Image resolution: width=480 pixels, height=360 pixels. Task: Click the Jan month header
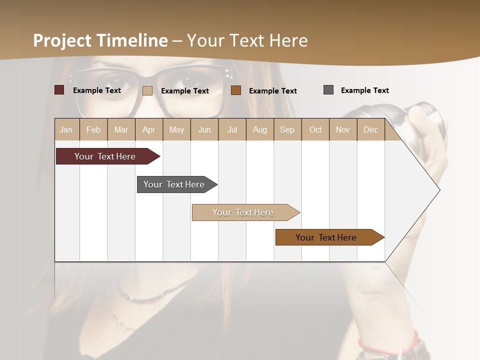pyautogui.click(x=66, y=130)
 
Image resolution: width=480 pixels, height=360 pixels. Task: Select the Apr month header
pyautogui.click(x=148, y=130)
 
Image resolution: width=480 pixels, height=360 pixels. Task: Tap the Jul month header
pyautogui.click(x=232, y=130)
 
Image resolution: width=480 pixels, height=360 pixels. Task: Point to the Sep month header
pyautogui.click(x=287, y=130)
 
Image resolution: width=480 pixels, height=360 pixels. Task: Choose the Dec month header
pyautogui.click(x=370, y=130)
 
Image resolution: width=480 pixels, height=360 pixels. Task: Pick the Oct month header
pyautogui.click(x=315, y=130)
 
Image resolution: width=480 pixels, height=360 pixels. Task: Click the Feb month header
pyautogui.click(x=93, y=130)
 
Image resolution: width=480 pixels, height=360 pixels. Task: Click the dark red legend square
pyautogui.click(x=59, y=90)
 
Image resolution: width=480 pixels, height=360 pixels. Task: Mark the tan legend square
pyautogui.click(x=147, y=90)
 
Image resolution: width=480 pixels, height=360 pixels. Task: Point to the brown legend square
pyautogui.click(x=236, y=90)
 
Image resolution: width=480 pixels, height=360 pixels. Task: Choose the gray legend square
pyautogui.click(x=328, y=90)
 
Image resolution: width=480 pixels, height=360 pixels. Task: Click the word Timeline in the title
pyautogui.click(x=132, y=40)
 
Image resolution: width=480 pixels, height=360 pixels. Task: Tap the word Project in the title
pyautogui.click(x=62, y=40)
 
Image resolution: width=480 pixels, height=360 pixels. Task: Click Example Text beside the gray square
pyautogui.click(x=364, y=90)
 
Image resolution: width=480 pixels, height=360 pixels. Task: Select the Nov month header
pyautogui.click(x=343, y=130)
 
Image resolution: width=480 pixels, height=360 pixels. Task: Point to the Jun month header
pyautogui.click(x=204, y=130)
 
